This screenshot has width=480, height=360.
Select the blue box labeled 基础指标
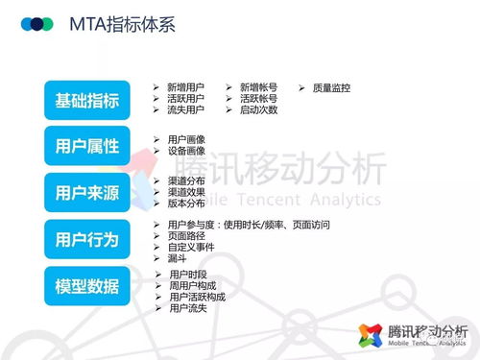coord(87,101)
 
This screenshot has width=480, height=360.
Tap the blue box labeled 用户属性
coord(87,146)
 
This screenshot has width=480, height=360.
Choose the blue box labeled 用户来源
coord(87,192)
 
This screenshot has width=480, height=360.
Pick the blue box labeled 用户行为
coord(87,239)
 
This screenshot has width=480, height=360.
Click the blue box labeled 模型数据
coord(87,285)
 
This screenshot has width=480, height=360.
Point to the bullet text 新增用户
coord(185,87)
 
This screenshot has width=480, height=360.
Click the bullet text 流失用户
coord(185,109)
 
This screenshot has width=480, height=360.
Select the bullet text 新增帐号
coord(258,87)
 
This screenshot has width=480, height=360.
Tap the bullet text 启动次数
coord(258,109)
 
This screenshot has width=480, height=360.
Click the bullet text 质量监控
coord(331,87)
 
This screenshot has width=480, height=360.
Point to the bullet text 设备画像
coord(185,151)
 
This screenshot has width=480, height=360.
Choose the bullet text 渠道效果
coord(185,191)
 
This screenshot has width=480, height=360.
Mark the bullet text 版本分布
coord(185,203)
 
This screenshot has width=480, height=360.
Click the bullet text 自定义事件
coord(191,247)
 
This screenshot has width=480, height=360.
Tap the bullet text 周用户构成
coord(192,286)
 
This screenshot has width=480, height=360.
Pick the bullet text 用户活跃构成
coord(197,297)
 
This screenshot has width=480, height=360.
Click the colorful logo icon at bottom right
coord(371,334)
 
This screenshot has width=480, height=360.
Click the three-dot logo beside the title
coord(38,23)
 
